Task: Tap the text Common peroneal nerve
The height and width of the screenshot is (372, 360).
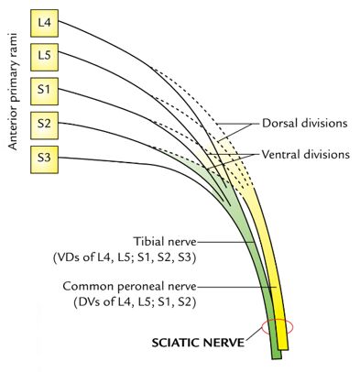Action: (x=129, y=286)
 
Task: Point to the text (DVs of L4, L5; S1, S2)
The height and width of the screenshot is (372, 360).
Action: (x=129, y=301)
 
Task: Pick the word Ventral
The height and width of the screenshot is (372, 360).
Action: (x=281, y=155)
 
